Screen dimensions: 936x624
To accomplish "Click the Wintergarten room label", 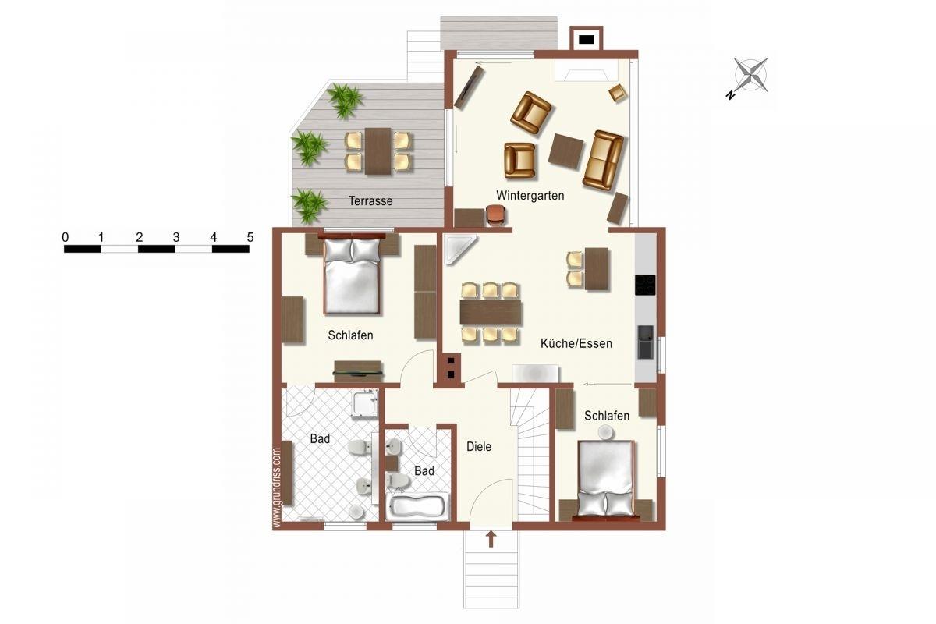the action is [x=530, y=195].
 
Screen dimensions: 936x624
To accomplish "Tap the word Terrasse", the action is [x=370, y=201].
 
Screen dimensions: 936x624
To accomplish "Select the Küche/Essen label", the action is [x=576, y=343].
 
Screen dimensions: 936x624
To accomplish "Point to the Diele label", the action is [x=479, y=446].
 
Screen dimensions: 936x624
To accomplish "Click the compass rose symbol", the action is [x=750, y=76].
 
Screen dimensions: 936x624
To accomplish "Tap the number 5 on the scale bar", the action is [x=250, y=237].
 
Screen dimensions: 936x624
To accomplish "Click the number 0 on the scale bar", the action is [x=66, y=237].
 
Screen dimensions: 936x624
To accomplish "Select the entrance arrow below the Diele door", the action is [x=491, y=539].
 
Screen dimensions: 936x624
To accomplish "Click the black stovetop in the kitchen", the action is [x=645, y=285].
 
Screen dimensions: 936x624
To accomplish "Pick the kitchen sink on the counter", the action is [x=645, y=342].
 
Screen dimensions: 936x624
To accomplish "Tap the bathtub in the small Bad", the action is [x=417, y=506].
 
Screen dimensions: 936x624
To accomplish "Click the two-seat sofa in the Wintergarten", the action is [x=603, y=161].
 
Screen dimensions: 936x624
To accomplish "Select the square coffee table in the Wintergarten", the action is [x=566, y=151].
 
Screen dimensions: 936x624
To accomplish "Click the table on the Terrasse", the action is [x=378, y=151].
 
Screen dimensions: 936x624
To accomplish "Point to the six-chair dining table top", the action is [x=491, y=312].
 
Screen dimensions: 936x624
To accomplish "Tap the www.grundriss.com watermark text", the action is [x=276, y=487].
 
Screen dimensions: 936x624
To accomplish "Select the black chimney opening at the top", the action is [x=587, y=40].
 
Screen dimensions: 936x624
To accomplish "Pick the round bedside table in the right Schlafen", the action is [x=604, y=432].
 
